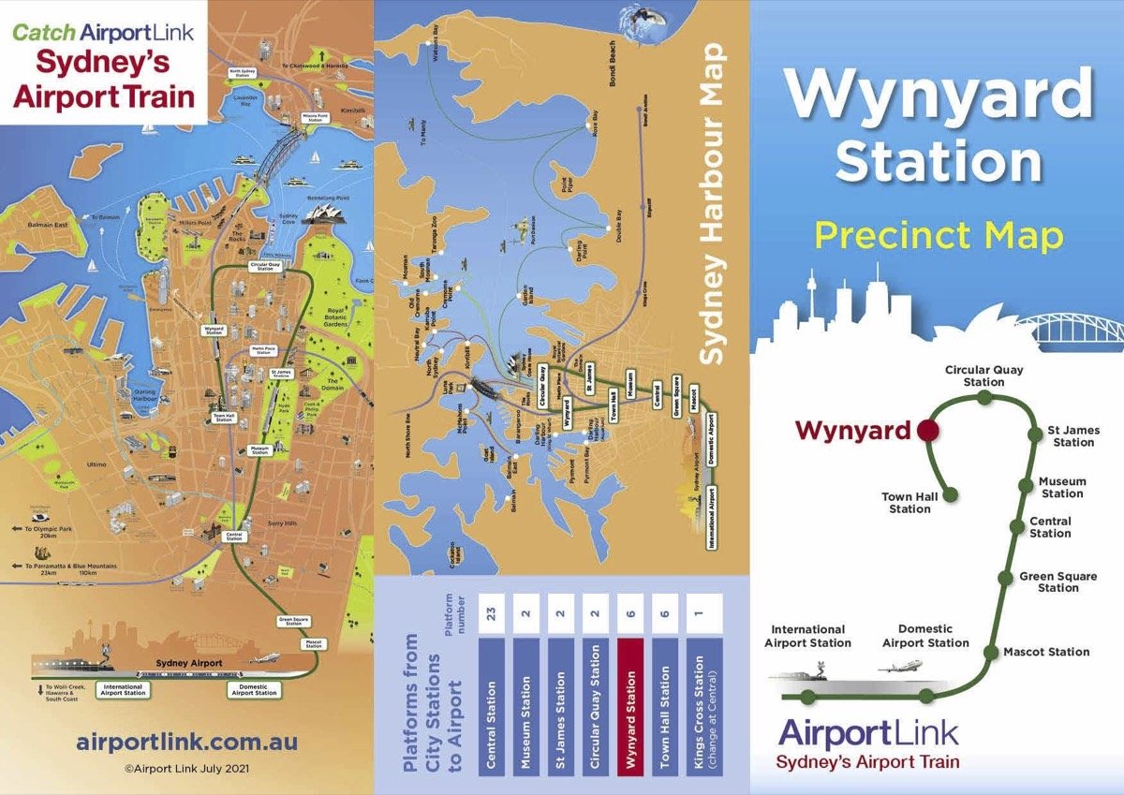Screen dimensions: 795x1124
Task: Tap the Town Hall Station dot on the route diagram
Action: (950, 494)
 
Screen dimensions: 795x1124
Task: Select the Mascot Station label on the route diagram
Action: (1046, 652)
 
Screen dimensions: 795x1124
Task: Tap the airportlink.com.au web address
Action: (186, 743)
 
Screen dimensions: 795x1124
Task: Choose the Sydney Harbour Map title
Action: (716, 203)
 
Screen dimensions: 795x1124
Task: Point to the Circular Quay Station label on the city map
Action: (267, 266)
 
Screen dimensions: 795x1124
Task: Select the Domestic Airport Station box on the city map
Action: (255, 691)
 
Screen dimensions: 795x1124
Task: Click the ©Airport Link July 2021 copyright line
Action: (186, 767)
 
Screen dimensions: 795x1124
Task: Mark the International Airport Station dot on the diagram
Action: (807, 696)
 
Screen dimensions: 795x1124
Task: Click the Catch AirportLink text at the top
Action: (103, 32)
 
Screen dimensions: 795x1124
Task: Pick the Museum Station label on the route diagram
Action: (1062, 488)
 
